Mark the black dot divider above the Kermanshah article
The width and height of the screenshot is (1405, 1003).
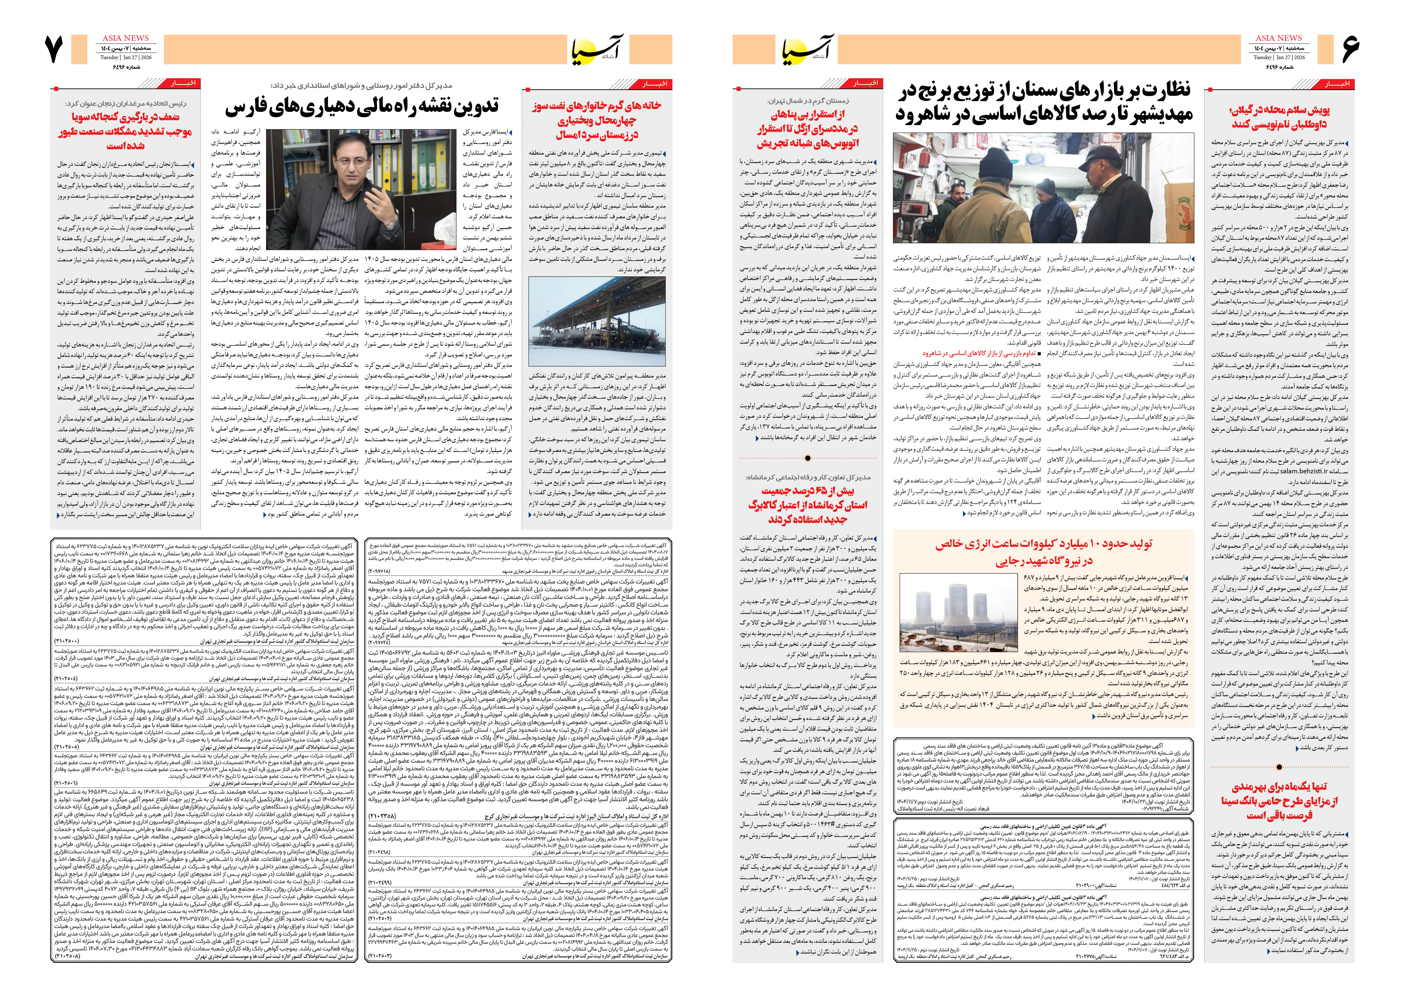click(808, 458)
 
